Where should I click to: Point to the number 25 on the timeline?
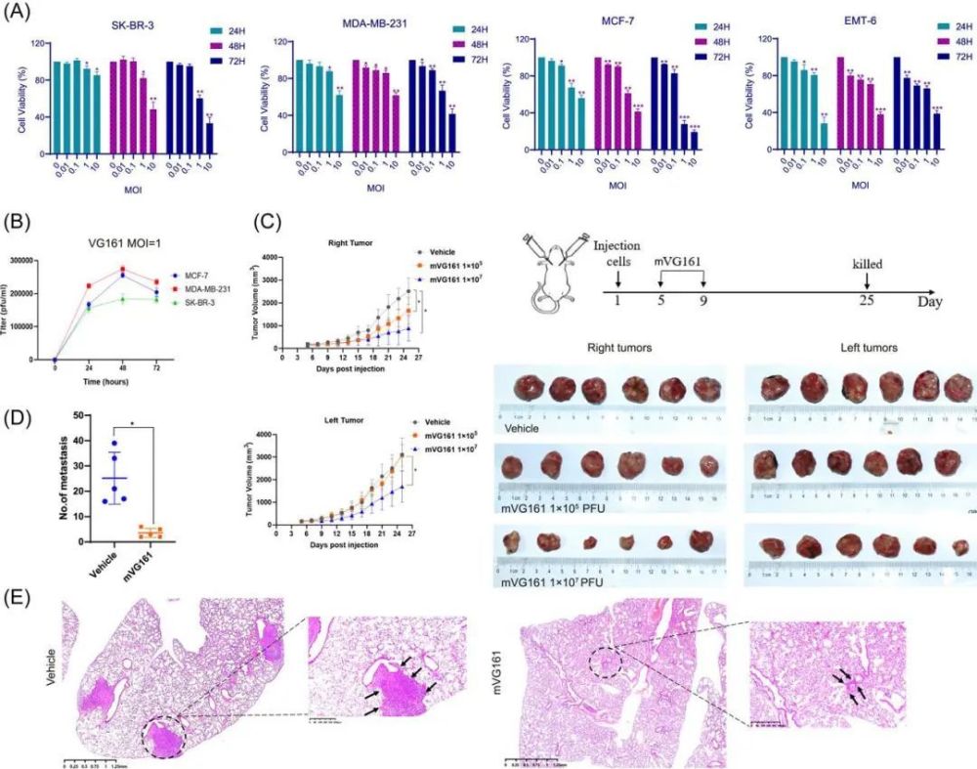(x=866, y=300)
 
